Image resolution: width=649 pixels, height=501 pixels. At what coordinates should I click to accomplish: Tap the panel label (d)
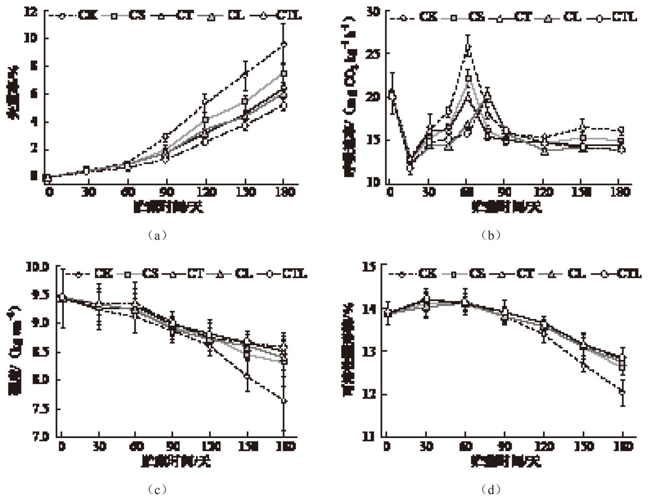tap(491, 490)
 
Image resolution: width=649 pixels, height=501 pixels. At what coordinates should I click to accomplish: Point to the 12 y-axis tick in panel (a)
tap(32, 12)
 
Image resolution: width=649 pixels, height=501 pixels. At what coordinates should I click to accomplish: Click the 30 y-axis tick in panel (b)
tap(373, 12)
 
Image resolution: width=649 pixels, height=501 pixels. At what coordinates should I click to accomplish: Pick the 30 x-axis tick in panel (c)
tap(99, 446)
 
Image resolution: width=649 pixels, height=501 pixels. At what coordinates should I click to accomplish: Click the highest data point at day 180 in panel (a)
tap(284, 44)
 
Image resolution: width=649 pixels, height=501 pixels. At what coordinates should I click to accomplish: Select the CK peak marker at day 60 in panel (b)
tap(468, 47)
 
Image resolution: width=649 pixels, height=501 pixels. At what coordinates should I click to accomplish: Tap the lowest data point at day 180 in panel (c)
tap(284, 400)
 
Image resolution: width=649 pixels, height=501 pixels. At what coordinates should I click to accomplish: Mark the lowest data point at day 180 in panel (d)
tap(622, 392)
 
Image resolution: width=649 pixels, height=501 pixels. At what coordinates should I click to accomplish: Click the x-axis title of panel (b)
tap(506, 207)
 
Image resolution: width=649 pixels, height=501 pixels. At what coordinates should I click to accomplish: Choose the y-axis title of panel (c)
tap(14, 351)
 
